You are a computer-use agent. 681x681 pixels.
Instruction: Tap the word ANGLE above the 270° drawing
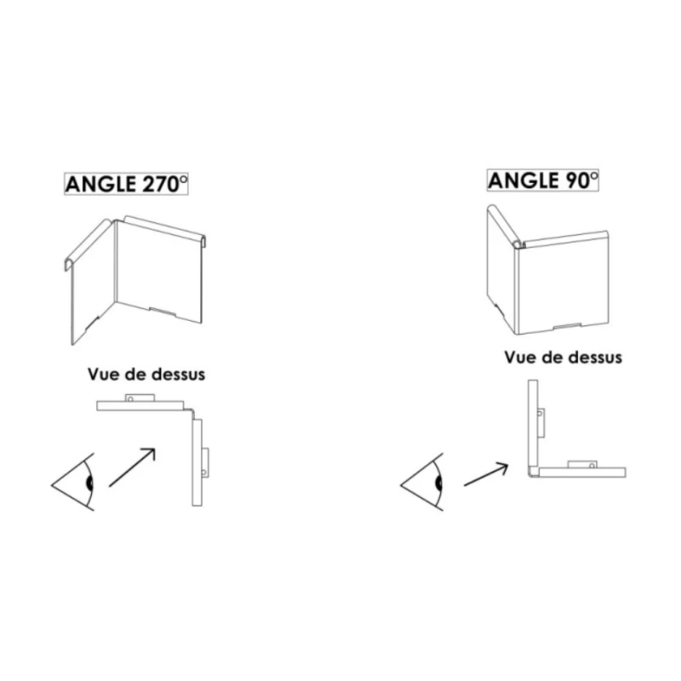tap(97, 183)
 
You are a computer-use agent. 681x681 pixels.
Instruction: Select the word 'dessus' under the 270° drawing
tap(176, 373)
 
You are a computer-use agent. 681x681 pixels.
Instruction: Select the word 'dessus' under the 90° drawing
tap(593, 357)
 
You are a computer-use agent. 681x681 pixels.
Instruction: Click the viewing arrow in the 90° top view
tap(485, 475)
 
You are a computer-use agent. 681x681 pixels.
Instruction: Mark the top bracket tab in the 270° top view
tap(137, 398)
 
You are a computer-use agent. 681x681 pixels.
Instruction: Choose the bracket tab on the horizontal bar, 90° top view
tap(581, 463)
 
